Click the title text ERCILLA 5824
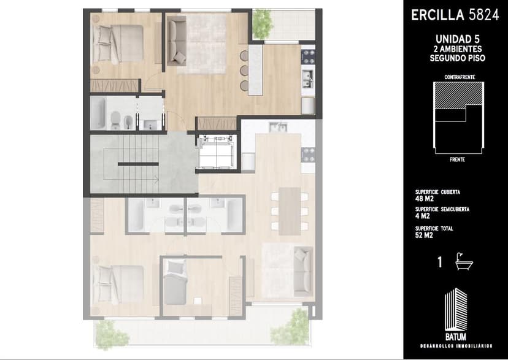[x=455, y=15]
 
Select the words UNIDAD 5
[x=458, y=39]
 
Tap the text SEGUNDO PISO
[x=458, y=58]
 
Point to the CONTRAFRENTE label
[x=460, y=77]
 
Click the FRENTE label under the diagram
[x=458, y=159]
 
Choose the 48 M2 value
[x=425, y=199]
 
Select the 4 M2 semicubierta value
[x=423, y=216]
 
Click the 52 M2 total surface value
[x=424, y=236]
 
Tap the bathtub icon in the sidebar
[x=464, y=262]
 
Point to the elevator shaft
[x=217, y=152]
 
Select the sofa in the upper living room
[x=177, y=41]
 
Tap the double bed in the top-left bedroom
[x=118, y=44]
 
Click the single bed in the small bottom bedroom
[x=175, y=281]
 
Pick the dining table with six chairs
[x=290, y=211]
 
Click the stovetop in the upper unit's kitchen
[x=308, y=56]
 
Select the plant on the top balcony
[x=263, y=24]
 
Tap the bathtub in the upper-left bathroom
[x=98, y=113]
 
